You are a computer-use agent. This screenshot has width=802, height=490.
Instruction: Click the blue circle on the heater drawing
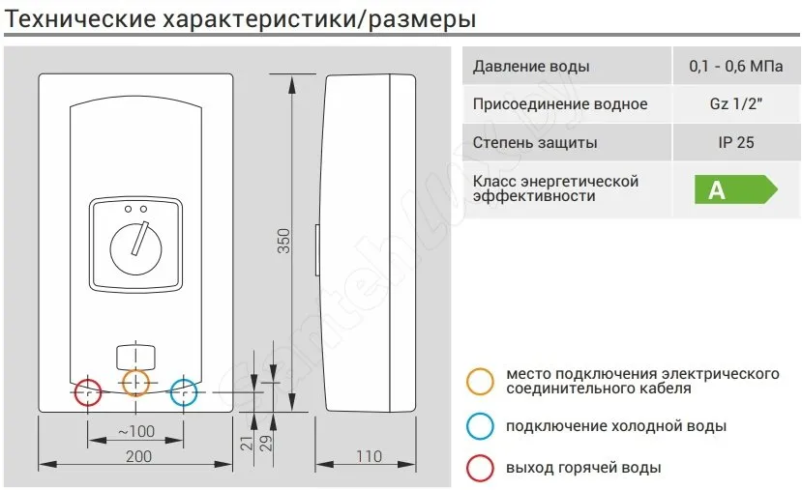click(x=184, y=393)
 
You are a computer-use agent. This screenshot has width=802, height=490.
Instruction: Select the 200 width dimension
click(x=137, y=456)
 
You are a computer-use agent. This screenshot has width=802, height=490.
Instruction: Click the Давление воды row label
click(x=531, y=67)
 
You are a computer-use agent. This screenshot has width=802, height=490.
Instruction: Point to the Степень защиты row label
click(x=535, y=143)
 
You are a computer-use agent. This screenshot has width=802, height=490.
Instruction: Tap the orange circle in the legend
click(x=479, y=381)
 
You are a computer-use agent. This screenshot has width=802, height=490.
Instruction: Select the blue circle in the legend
click(x=479, y=426)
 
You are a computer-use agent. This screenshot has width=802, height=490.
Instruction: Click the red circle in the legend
click(x=479, y=469)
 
